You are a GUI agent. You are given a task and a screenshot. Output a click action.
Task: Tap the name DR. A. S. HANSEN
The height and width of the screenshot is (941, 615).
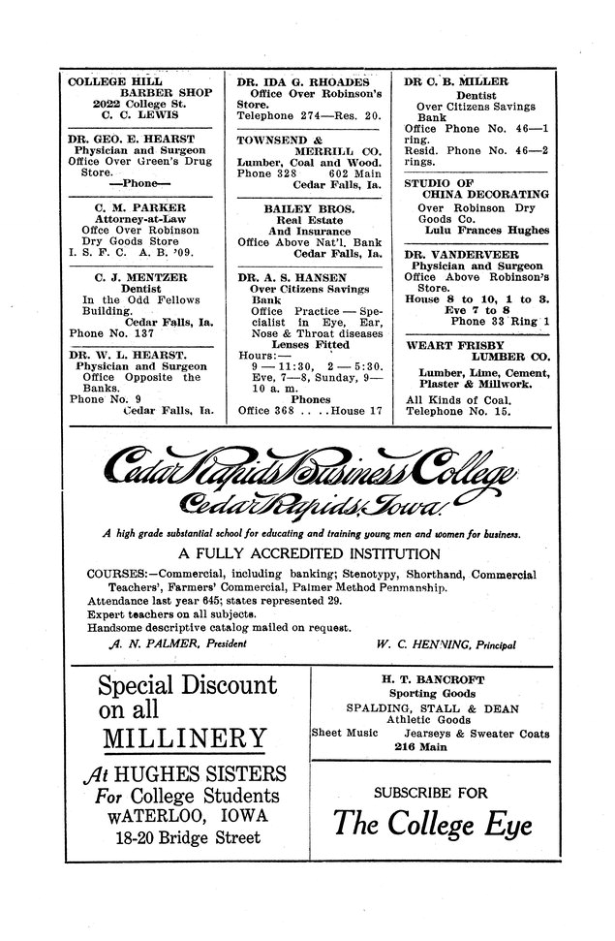[292, 277]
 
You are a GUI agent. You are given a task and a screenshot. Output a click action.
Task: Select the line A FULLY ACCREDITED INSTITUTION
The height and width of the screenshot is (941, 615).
[308, 554]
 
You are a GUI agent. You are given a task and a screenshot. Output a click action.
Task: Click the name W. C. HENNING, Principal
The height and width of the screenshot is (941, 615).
[447, 643]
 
